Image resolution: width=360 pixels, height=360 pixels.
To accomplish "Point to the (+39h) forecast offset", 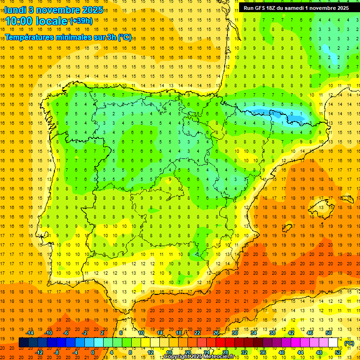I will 81,21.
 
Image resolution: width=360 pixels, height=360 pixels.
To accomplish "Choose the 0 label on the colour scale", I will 93,352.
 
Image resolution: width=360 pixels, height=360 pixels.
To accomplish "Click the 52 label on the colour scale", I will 338,352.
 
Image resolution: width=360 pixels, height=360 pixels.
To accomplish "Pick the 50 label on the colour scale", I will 328,333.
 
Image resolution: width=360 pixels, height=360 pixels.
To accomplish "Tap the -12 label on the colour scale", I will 39,352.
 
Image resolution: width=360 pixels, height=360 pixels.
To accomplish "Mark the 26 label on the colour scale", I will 216,333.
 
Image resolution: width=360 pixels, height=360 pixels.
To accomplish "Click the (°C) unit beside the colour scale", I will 349,343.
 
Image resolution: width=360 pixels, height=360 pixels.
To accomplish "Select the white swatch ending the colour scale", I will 333,343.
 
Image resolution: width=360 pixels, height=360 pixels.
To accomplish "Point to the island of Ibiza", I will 287,227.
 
